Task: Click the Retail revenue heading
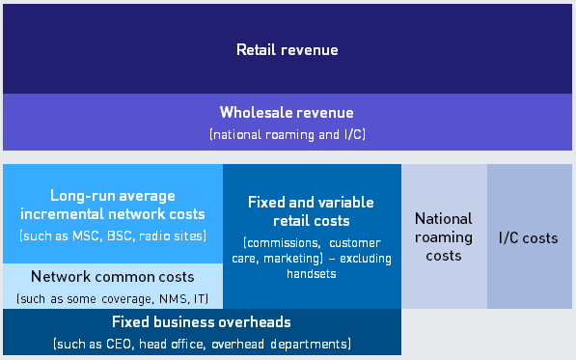tap(288, 49)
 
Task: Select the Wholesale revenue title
tap(287, 113)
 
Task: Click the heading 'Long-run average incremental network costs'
tap(113, 205)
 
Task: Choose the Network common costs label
tap(113, 277)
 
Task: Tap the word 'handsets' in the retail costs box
tap(311, 274)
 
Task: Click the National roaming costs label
tap(443, 237)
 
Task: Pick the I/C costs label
tap(529, 237)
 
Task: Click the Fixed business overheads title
tap(201, 322)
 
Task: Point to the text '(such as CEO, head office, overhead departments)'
tap(201, 343)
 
